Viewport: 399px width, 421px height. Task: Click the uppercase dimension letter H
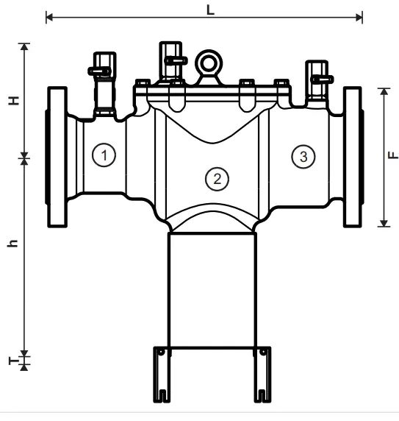click(13, 101)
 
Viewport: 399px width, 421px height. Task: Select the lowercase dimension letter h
click(13, 244)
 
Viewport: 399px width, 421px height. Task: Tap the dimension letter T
click(13, 360)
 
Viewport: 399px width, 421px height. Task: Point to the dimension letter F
click(395, 155)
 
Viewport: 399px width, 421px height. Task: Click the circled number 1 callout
click(104, 155)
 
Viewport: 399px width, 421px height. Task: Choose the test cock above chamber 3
click(318, 79)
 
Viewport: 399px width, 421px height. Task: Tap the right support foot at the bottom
click(262, 373)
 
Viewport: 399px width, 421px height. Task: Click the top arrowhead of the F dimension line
click(383, 91)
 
